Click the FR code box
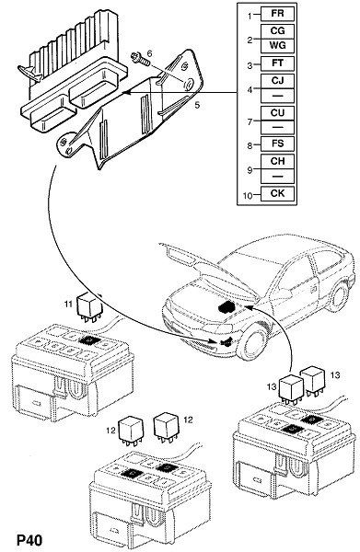[277, 14]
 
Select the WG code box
[277, 46]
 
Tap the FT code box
[277, 63]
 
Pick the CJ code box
[277, 81]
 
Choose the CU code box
[277, 113]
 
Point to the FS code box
[277, 144]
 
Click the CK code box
[277, 193]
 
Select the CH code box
[277, 161]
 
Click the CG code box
[277, 31]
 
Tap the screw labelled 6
[140, 59]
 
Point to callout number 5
[197, 105]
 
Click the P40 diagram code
[29, 540]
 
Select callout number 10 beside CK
[248, 195]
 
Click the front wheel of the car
[252, 343]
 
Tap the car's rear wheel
[338, 297]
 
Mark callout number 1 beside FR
[250, 16]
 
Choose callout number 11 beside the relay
[68, 304]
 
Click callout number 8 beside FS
[250, 145]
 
